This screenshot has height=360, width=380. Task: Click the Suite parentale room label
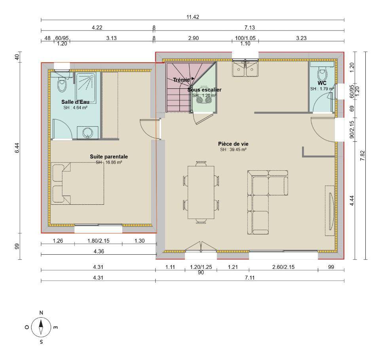(x=109, y=156)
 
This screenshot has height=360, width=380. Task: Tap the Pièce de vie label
(x=233, y=144)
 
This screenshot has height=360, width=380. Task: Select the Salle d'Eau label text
(x=75, y=102)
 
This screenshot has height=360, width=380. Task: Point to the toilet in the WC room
(x=322, y=74)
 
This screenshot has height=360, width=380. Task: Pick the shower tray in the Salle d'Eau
(x=86, y=88)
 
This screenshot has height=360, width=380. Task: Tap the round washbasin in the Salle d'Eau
(x=87, y=133)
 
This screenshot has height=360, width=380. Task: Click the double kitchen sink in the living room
(x=245, y=69)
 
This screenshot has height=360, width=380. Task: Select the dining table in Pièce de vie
(x=201, y=192)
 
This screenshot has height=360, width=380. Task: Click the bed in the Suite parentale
(x=78, y=183)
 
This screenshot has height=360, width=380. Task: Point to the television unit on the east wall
(x=330, y=211)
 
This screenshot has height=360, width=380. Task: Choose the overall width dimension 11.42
(x=193, y=17)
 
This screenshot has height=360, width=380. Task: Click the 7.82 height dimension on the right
(x=363, y=156)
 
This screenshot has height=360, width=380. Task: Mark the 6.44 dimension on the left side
(x=17, y=148)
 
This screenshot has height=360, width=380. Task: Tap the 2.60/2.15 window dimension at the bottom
(x=283, y=267)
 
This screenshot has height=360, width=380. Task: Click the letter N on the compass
(x=41, y=313)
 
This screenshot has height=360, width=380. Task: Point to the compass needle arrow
(x=41, y=327)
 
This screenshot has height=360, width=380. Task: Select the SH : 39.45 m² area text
(x=233, y=150)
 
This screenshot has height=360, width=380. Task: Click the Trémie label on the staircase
(x=181, y=80)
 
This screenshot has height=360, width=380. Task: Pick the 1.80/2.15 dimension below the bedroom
(x=99, y=241)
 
